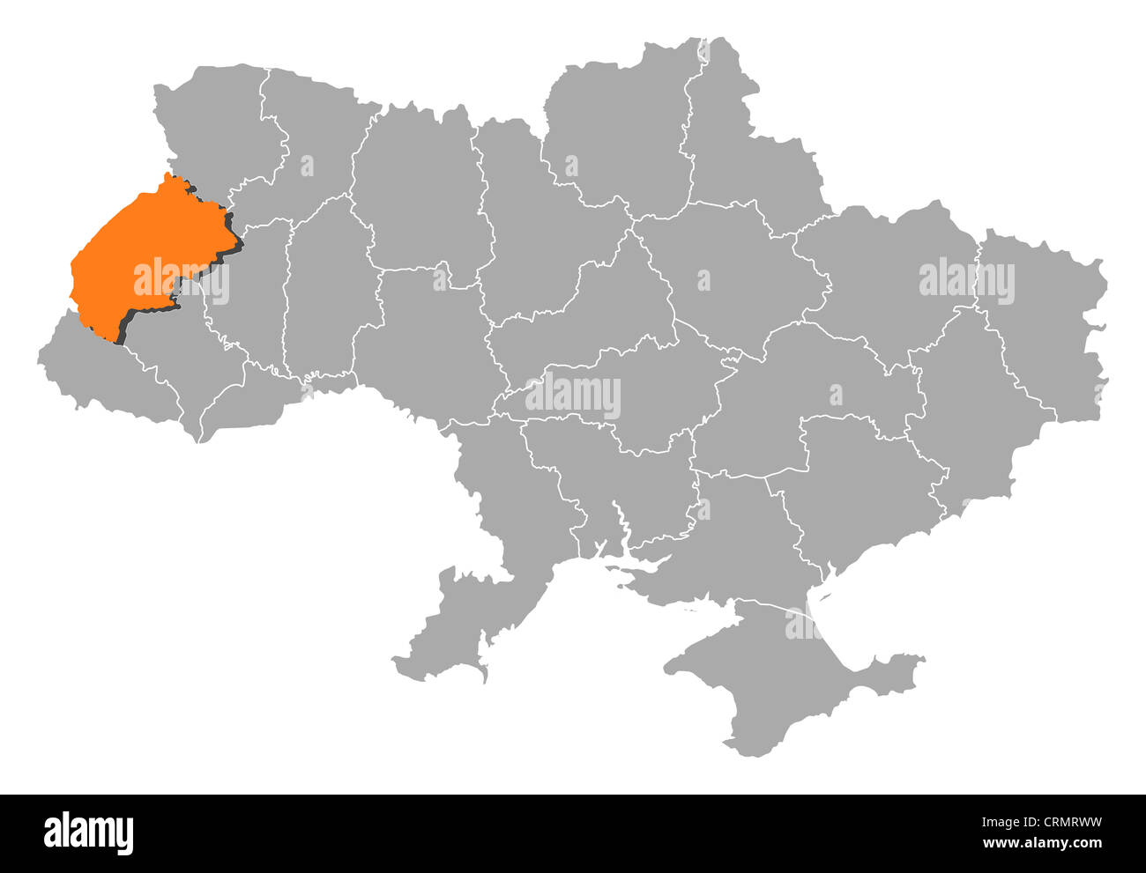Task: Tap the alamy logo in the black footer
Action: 89,832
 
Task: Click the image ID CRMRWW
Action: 1058,824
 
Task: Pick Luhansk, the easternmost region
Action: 1049,326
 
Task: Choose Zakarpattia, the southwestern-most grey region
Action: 97,370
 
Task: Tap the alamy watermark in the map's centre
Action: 573,396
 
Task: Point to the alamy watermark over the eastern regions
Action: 966,282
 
